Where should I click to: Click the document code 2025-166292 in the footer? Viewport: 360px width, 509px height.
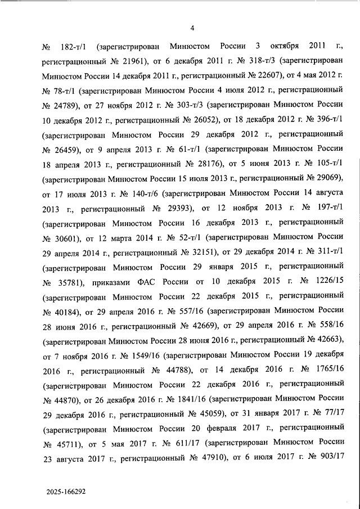pyautogui.click(x=67, y=490)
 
